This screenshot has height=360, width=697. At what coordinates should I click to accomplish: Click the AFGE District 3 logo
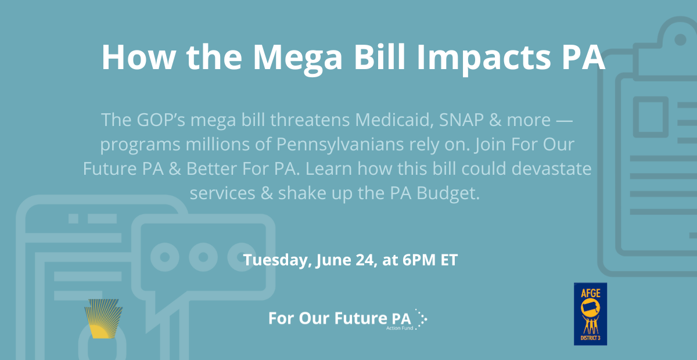click(590, 314)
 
